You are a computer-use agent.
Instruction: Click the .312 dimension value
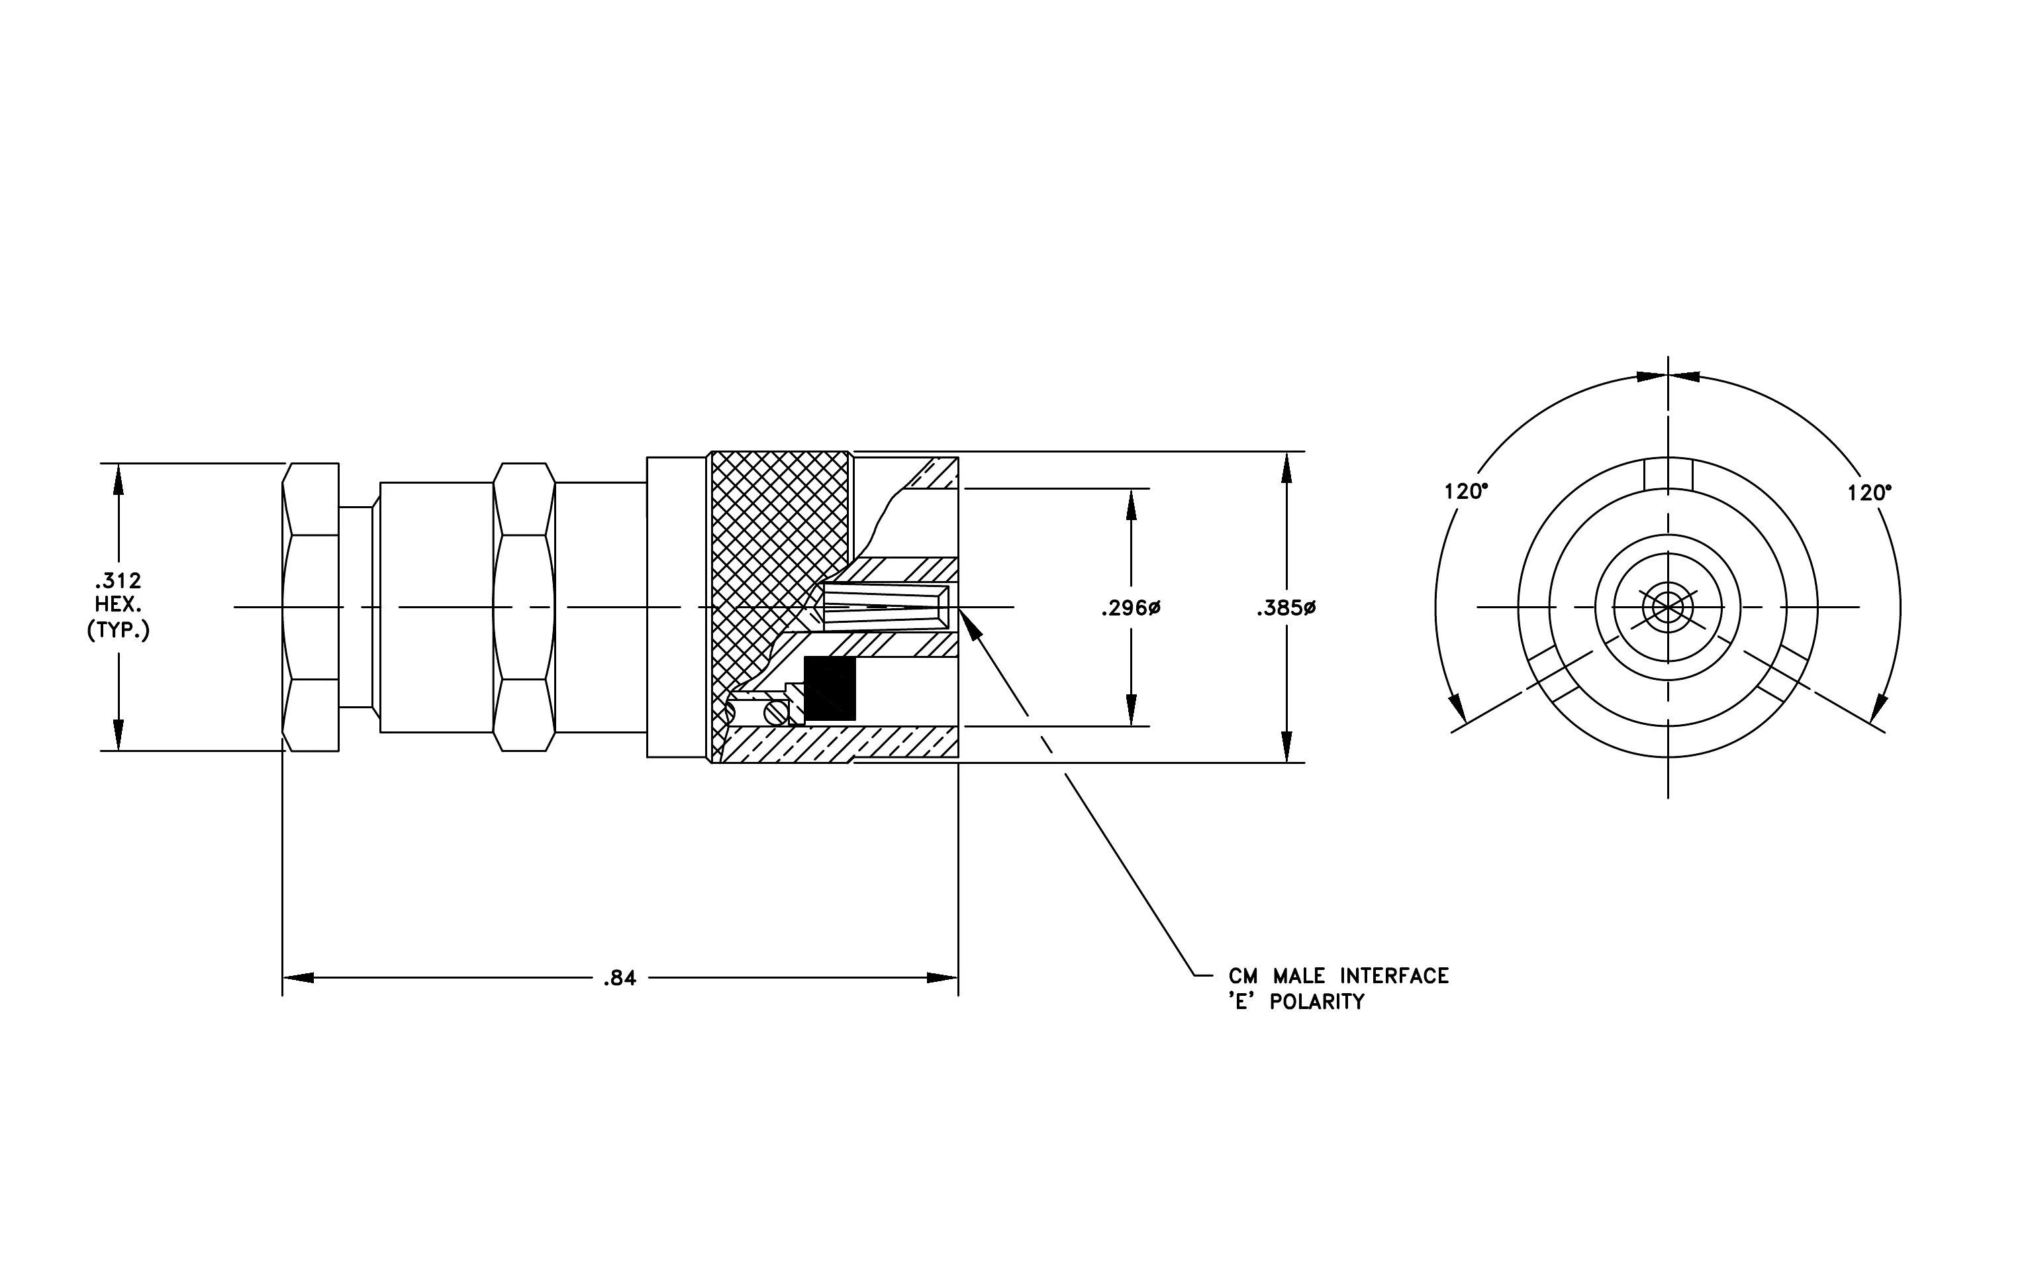point(118,581)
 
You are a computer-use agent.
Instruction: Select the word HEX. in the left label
point(118,606)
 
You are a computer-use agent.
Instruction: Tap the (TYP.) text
point(118,631)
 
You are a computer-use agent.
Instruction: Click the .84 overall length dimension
point(620,979)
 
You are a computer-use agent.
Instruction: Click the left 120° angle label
point(1466,492)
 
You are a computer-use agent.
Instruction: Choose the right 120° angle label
point(1869,492)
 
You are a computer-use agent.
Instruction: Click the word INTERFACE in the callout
point(1395,976)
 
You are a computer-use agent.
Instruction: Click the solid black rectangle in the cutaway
point(830,688)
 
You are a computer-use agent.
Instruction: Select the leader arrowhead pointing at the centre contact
point(971,626)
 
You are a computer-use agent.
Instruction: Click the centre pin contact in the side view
point(885,607)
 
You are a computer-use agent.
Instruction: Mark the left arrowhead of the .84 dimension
point(298,979)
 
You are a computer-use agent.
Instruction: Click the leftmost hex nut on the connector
point(311,607)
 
